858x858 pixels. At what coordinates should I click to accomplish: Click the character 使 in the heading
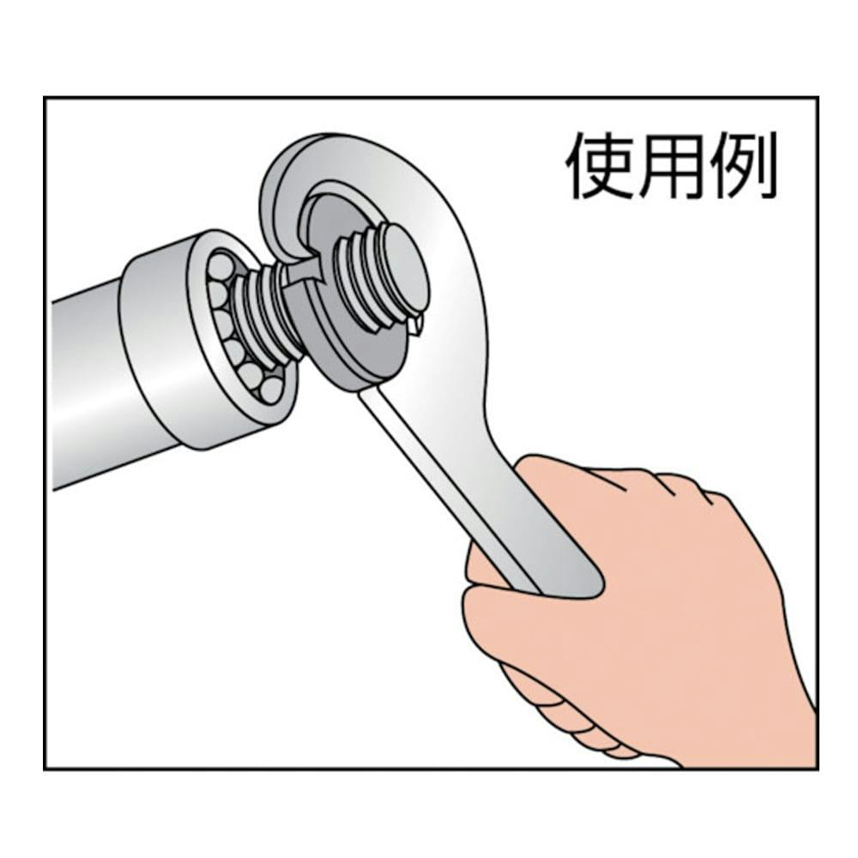click(600, 166)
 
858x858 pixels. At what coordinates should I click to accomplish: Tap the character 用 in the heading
click(672, 166)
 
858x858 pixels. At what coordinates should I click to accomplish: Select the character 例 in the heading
click(742, 166)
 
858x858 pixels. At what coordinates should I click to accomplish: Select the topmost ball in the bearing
click(220, 267)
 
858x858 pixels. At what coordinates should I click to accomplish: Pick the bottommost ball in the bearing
click(271, 390)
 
